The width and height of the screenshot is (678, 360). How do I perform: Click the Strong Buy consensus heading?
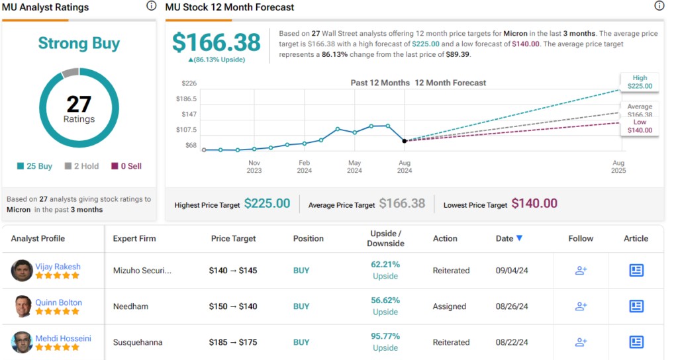79,44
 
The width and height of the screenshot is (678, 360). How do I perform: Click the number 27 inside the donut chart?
79,105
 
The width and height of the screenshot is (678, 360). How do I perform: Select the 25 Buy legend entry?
35,166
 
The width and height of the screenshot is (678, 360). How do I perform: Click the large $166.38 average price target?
217,42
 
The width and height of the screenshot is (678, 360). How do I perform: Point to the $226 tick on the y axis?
189,83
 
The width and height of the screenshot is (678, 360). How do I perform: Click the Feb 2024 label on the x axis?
304,166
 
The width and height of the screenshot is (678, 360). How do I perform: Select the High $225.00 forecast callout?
639,81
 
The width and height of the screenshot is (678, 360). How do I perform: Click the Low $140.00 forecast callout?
639,126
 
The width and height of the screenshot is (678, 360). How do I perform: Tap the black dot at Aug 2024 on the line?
405,141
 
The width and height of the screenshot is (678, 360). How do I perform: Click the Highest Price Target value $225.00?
267,204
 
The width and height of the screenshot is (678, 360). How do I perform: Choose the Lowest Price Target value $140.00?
534,204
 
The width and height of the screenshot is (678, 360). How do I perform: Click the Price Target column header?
233,238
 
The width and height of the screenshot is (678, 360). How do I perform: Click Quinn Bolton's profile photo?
22,306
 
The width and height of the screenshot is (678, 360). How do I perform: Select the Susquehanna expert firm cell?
138,342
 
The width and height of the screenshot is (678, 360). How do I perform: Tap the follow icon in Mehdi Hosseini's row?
581,342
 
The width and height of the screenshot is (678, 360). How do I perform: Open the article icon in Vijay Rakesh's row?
636,271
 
